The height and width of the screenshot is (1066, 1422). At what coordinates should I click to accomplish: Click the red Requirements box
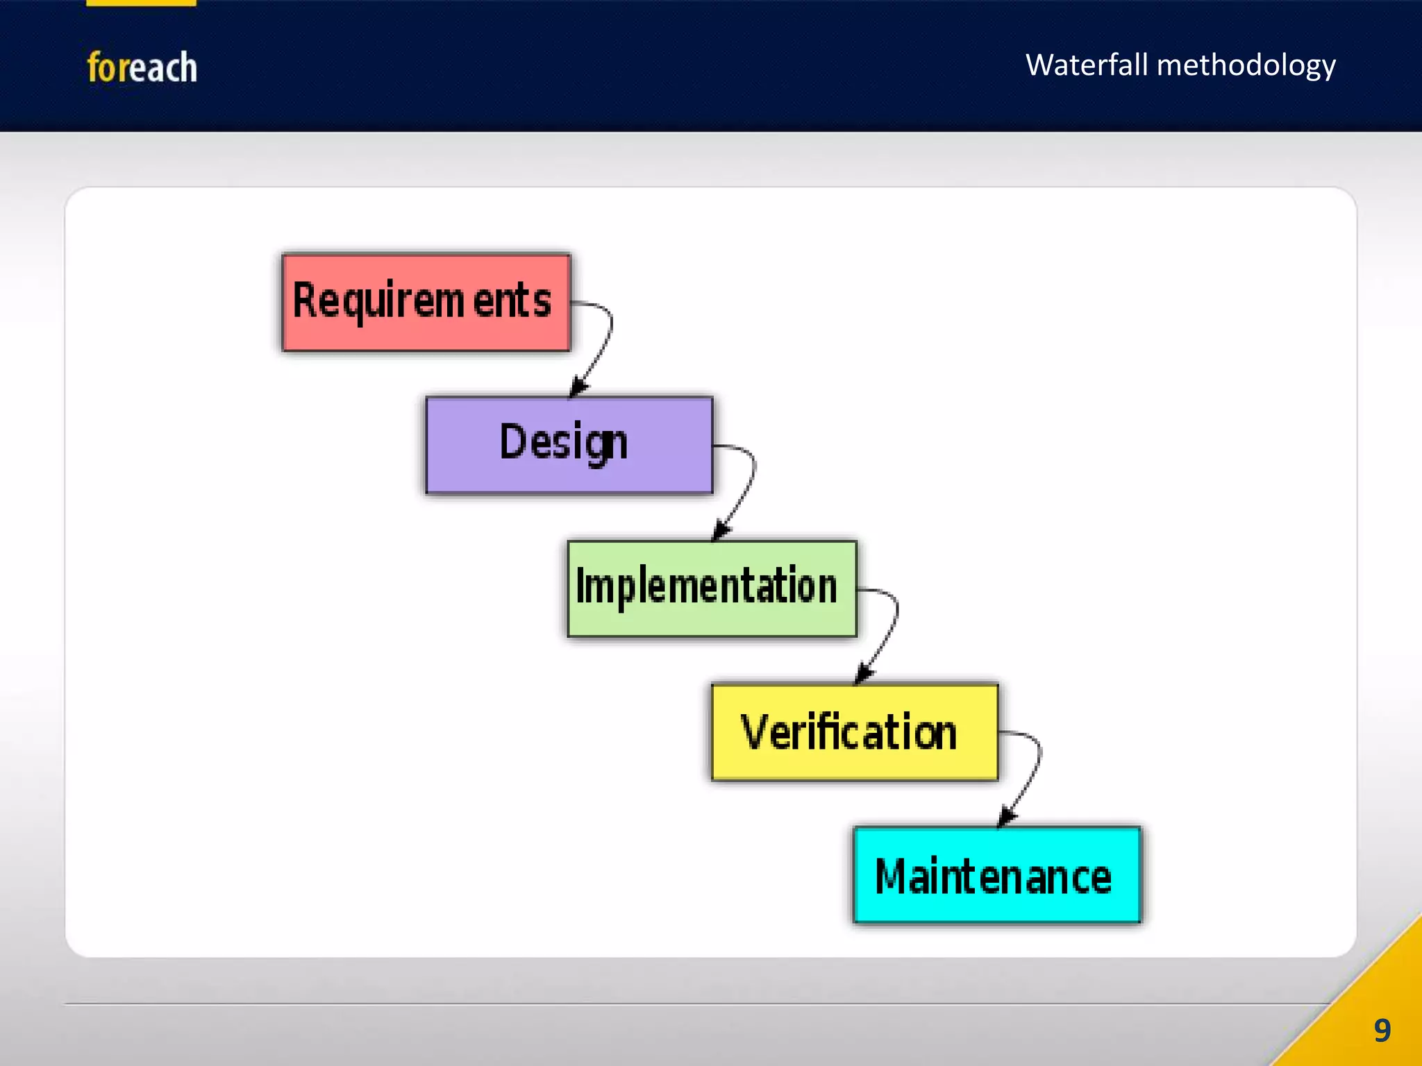[426, 303]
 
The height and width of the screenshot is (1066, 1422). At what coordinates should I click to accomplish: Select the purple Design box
[569, 445]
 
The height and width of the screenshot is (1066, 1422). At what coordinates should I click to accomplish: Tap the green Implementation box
[712, 589]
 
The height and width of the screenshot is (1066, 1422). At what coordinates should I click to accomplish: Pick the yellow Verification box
[855, 732]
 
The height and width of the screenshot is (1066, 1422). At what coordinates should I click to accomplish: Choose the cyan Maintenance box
[997, 875]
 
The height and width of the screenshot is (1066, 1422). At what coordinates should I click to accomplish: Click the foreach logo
[142, 67]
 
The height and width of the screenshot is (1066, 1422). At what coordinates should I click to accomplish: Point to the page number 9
[1382, 1031]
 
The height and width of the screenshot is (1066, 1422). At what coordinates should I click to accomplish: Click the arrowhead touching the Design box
[578, 387]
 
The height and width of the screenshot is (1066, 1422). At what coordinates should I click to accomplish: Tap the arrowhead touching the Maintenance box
[1006, 817]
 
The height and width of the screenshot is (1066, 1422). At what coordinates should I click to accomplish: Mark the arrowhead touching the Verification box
[863, 674]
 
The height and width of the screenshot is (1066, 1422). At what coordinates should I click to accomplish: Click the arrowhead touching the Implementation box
[721, 531]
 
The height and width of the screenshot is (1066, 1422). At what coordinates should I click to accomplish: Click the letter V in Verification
[753, 731]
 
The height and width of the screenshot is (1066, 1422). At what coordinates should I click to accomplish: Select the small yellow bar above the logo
[141, 3]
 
